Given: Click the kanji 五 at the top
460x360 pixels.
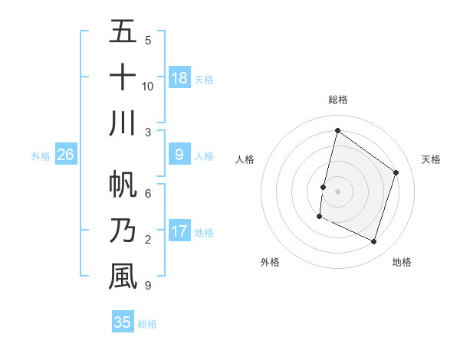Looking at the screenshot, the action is [x=123, y=31].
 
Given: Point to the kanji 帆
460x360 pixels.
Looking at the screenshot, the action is [x=123, y=185].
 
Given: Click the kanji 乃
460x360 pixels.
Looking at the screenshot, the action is [x=123, y=231].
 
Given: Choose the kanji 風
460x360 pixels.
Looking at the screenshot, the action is [x=123, y=277].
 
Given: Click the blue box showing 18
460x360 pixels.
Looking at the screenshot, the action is [x=179, y=78].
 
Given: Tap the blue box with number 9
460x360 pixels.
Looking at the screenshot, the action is [x=179, y=155].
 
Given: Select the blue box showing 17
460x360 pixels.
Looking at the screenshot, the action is [x=179, y=231].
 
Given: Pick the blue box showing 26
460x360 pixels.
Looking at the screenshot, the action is [x=65, y=155].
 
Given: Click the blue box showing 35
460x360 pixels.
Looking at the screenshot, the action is [x=123, y=322].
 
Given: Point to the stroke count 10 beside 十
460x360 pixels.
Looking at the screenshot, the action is [x=148, y=86].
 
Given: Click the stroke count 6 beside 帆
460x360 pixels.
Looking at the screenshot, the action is [x=148, y=194].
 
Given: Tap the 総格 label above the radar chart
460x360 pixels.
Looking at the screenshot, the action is [x=338, y=100].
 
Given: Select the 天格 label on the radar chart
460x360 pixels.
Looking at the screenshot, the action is [x=432, y=159].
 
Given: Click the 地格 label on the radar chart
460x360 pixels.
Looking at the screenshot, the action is [x=402, y=262].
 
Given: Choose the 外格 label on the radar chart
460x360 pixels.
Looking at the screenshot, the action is [x=270, y=262].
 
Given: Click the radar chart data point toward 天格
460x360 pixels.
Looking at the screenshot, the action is [x=396, y=172].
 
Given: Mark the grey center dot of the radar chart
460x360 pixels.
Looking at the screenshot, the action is [x=337, y=191].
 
